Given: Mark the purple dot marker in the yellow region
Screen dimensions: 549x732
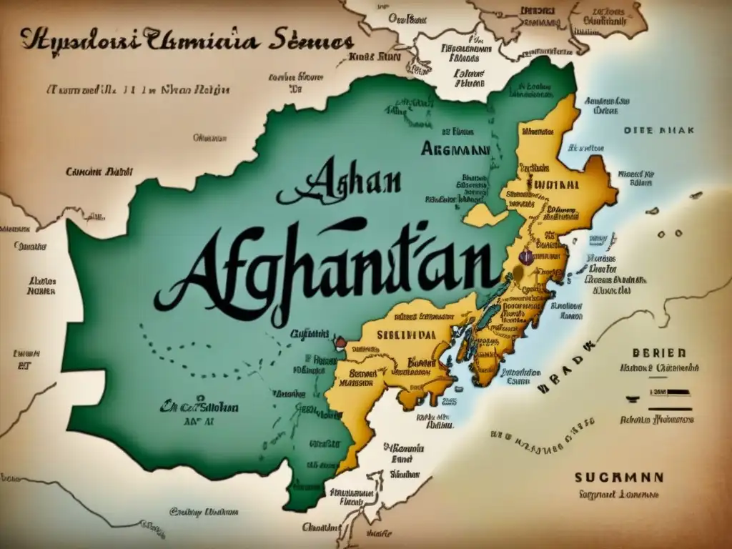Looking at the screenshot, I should tap(526, 257).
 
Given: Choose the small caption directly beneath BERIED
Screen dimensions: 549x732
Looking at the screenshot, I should tap(657, 368).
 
